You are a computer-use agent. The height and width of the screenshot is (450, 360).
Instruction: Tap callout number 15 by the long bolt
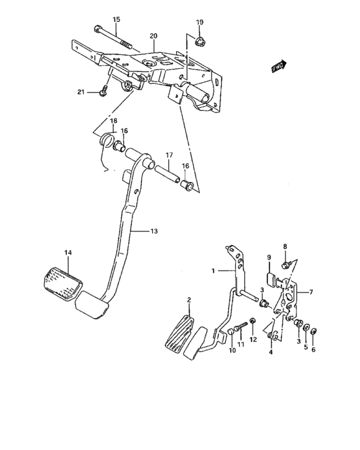coord(116,20)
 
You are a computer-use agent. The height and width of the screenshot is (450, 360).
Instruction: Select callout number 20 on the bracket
coord(153,35)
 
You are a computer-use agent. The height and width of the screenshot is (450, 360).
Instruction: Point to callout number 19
coord(199,22)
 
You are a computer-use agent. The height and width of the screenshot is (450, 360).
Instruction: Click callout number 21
coord(81,92)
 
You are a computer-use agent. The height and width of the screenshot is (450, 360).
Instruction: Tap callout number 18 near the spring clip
coord(113,121)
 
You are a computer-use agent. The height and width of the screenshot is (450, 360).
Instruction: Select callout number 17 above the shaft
coord(170,155)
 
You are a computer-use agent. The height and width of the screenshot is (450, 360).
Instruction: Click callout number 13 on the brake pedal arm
coord(153,231)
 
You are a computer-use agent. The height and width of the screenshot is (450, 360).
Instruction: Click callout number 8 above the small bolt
coord(285,246)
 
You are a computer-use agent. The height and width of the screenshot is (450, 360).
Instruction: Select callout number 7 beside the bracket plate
coord(310,292)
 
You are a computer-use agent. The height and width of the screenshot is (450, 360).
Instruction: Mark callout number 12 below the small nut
coord(253,339)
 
